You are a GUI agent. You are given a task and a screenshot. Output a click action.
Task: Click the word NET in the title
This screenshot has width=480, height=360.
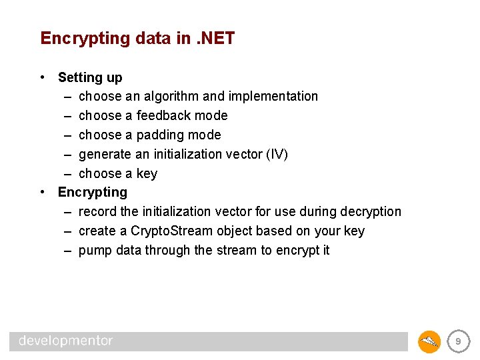[x=217, y=39]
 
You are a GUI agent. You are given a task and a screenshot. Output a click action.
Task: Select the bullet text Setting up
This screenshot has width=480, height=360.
[x=90, y=77]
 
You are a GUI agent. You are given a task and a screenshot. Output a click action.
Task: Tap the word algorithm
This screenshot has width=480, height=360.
[x=171, y=97]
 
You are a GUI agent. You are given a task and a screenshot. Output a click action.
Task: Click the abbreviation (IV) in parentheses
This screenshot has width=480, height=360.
[x=277, y=154]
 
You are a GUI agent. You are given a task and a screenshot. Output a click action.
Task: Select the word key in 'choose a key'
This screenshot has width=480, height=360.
[x=147, y=174]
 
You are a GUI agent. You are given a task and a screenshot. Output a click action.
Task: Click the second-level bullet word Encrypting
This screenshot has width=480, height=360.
[x=92, y=193]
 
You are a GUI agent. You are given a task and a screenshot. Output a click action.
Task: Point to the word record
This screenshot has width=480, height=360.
[x=97, y=212]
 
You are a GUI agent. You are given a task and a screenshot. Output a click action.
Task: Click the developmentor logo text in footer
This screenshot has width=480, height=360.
[x=65, y=341]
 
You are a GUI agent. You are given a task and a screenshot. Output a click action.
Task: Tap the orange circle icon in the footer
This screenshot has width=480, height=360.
[x=429, y=341]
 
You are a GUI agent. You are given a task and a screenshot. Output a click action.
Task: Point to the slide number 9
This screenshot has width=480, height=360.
[x=457, y=341]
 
